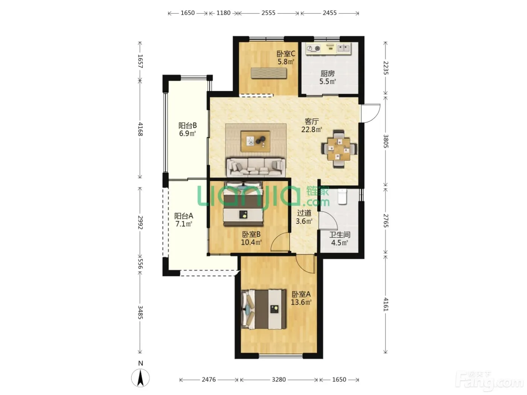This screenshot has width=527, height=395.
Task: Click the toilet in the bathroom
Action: [342, 196]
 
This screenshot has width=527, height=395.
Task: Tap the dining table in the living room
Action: [339, 149]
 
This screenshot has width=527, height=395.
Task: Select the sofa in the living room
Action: [256, 167]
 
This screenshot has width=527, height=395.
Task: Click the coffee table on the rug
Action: [256, 141]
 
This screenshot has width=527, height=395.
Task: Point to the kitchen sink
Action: [343, 49]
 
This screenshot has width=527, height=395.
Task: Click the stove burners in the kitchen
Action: [314, 49]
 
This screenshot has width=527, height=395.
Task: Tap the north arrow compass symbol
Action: [140, 378]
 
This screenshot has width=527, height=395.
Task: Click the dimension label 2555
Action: [268, 13]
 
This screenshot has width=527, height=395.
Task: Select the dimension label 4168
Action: [140, 129]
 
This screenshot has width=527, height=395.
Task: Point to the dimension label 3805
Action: [385, 141]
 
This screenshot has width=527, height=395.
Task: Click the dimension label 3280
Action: [279, 380]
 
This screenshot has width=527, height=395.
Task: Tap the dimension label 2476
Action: [209, 380]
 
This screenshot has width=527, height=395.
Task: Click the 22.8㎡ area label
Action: [312, 130]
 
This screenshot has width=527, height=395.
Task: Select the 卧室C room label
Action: [286, 53]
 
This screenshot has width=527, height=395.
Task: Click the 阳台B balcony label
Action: [187, 125]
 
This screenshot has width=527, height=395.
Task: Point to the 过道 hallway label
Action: [304, 213]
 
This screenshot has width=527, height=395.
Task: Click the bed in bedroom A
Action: [263, 309]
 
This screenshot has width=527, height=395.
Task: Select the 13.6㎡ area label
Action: [301, 302]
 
